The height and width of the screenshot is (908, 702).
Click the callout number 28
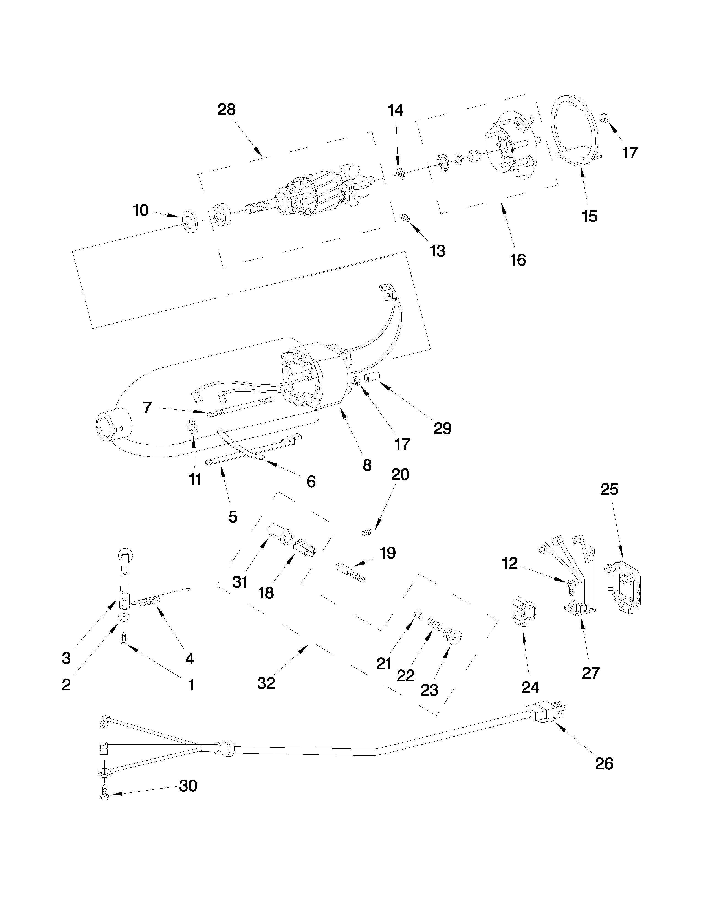coord(226,110)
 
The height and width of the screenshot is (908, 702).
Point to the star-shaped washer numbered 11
coord(192,427)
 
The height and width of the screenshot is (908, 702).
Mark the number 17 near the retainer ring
coord(630,153)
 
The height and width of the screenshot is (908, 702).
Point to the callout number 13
coord(437,251)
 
